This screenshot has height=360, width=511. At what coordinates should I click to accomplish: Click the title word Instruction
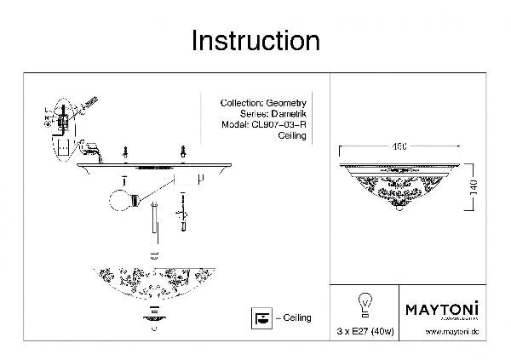coord(255,40)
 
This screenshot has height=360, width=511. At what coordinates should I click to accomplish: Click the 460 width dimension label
coord(399,146)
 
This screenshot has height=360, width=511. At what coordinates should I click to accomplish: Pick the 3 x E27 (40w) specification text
coord(368,331)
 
